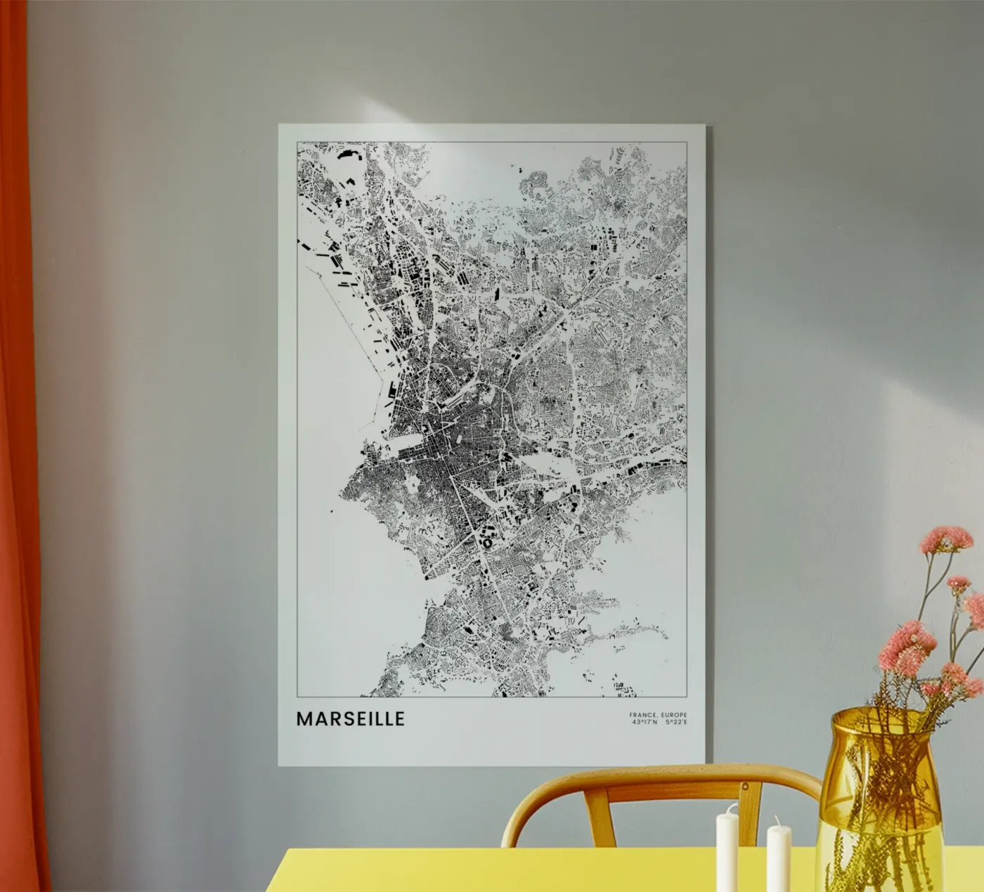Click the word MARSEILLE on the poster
point(350,719)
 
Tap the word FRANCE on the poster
point(642,716)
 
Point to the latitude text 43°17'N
point(645,723)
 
